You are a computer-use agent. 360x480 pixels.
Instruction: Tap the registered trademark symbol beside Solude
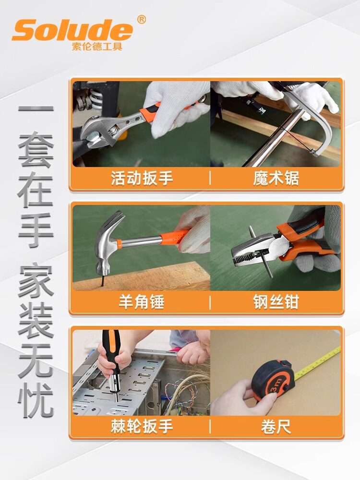click(141, 20)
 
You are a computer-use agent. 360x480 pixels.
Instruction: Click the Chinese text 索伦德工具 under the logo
click(97, 46)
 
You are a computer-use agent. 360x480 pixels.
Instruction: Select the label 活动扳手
click(142, 178)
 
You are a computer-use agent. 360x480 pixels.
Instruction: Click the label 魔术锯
click(276, 178)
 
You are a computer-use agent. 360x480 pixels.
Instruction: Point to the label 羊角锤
click(142, 302)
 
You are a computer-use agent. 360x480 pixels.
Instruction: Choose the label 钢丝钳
click(276, 302)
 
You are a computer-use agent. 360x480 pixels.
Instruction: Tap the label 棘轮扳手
click(142, 426)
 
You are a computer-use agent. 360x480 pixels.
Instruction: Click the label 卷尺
click(276, 426)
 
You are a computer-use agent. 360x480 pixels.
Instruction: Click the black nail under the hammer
click(102, 280)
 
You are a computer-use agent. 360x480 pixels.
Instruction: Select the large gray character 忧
click(36, 400)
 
